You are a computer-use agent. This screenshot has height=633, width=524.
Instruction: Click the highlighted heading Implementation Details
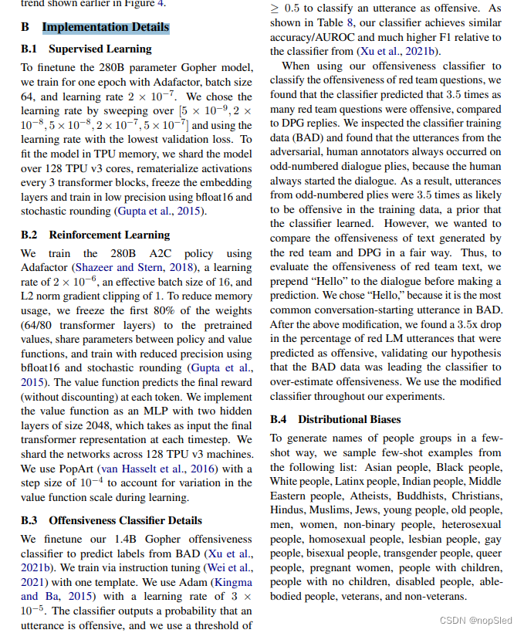(x=105, y=28)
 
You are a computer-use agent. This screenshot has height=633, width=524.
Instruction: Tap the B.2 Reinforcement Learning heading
(x=95, y=235)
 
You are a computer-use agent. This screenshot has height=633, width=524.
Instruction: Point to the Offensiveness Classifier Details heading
(x=125, y=520)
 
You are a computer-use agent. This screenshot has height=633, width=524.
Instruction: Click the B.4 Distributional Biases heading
(x=336, y=419)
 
